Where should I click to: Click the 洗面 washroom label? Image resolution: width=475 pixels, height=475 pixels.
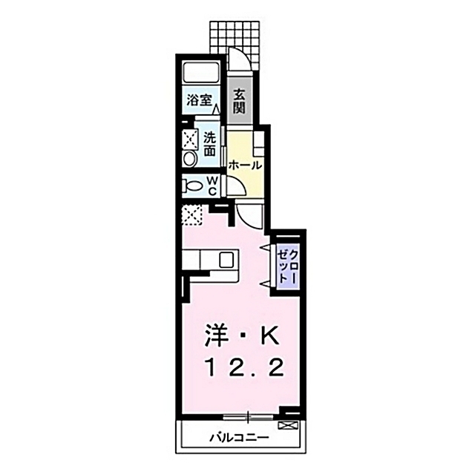pyautogui.click(x=210, y=143)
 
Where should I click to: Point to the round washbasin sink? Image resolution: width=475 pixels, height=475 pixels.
pyautogui.click(x=189, y=160)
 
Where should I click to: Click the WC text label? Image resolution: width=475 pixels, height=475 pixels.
pyautogui.click(x=211, y=185)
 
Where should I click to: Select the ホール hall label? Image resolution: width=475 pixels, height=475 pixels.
pyautogui.click(x=244, y=165)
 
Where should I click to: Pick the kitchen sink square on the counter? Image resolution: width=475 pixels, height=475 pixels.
pyautogui.click(x=226, y=260)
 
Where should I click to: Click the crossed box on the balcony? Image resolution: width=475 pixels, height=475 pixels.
pyautogui.click(x=288, y=426)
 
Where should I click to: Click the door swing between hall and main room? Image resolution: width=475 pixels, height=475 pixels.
pyautogui.click(x=251, y=216)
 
